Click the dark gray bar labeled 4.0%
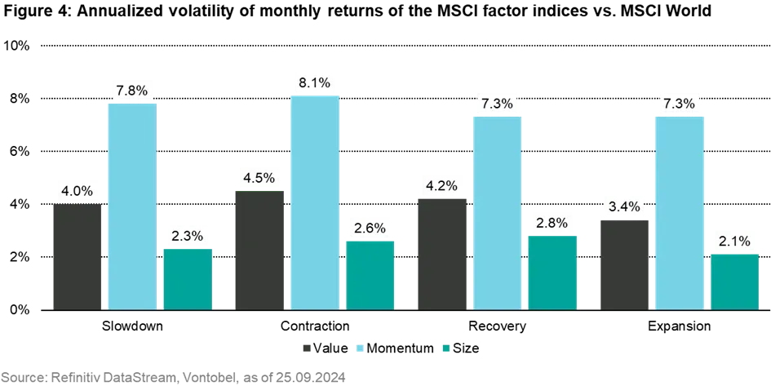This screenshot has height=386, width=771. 78,257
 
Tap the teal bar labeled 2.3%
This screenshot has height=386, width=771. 188,279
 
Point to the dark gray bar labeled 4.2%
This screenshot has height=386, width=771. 444,254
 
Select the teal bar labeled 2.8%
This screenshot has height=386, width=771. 554,273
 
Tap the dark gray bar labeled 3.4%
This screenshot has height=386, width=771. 626,264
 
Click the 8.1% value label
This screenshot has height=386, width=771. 314,82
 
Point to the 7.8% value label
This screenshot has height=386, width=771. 131,90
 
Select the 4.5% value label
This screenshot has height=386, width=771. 259,177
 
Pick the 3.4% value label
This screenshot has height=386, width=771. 623,205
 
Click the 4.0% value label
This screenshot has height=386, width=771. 77,192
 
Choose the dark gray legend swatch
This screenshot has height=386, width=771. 307,346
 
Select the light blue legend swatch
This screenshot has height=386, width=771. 359,346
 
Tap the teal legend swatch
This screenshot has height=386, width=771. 444,346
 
